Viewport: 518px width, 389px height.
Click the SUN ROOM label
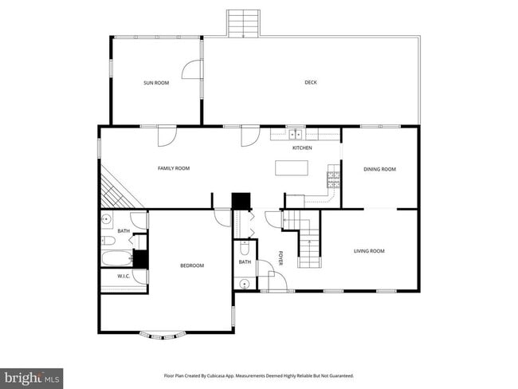click(x=155, y=83)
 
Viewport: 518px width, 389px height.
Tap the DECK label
click(x=311, y=82)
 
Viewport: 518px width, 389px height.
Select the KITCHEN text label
click(x=302, y=148)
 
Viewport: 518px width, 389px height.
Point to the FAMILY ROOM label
click(x=173, y=168)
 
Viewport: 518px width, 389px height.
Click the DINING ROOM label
click(x=379, y=169)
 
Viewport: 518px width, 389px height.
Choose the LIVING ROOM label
click(x=369, y=251)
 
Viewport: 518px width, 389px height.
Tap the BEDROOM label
click(x=191, y=265)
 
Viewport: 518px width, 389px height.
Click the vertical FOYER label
click(x=281, y=258)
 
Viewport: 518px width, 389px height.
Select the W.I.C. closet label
click(x=124, y=277)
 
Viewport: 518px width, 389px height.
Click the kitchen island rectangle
click(x=291, y=168)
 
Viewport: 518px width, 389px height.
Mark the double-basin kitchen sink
click(x=294, y=135)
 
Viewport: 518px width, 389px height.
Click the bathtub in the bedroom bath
click(x=116, y=257)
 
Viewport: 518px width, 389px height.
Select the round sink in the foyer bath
click(x=242, y=283)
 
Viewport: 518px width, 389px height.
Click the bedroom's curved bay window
click(x=166, y=334)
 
